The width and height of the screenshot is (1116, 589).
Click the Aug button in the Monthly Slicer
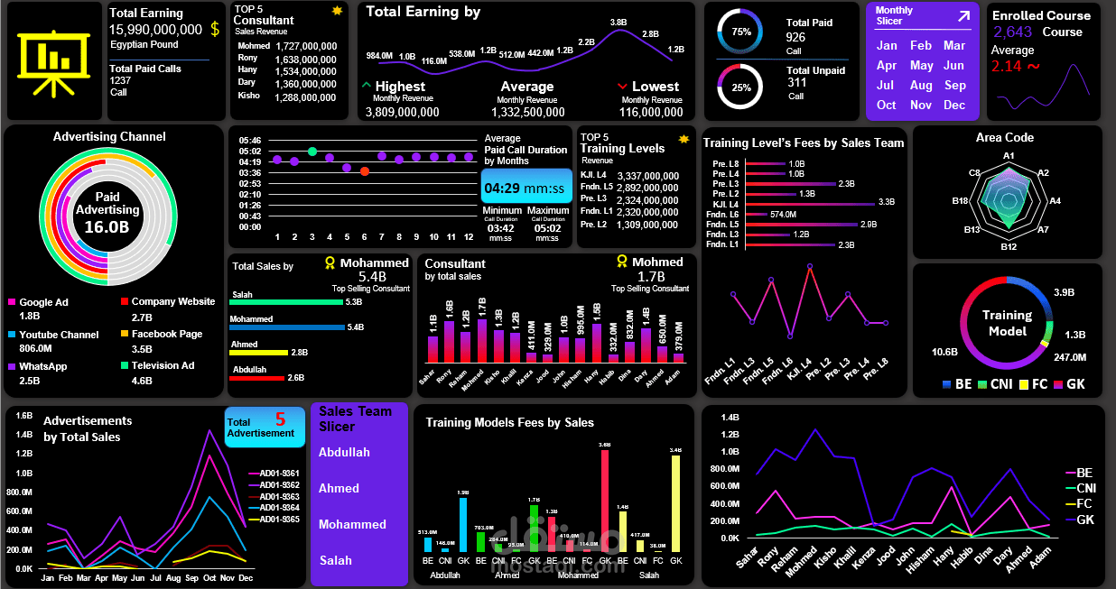[921, 86]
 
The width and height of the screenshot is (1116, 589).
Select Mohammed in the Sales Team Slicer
[352, 524]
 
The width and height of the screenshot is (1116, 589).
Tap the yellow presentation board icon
[54, 60]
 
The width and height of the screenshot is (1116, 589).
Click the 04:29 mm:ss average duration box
[526, 189]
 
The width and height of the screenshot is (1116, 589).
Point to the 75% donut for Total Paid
[740, 32]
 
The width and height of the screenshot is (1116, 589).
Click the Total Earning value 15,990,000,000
[156, 30]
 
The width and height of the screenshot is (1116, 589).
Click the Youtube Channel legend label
[59, 335]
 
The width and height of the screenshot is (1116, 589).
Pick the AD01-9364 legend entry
[279, 508]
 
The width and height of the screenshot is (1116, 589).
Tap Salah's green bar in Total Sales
[287, 302]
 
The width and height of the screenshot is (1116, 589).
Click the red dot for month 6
[365, 171]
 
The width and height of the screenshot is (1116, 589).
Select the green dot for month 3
[312, 152]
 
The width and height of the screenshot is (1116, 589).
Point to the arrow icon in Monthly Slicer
[963, 15]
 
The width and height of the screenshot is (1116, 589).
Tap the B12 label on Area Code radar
[1009, 246]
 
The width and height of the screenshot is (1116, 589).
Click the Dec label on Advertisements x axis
[245, 578]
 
